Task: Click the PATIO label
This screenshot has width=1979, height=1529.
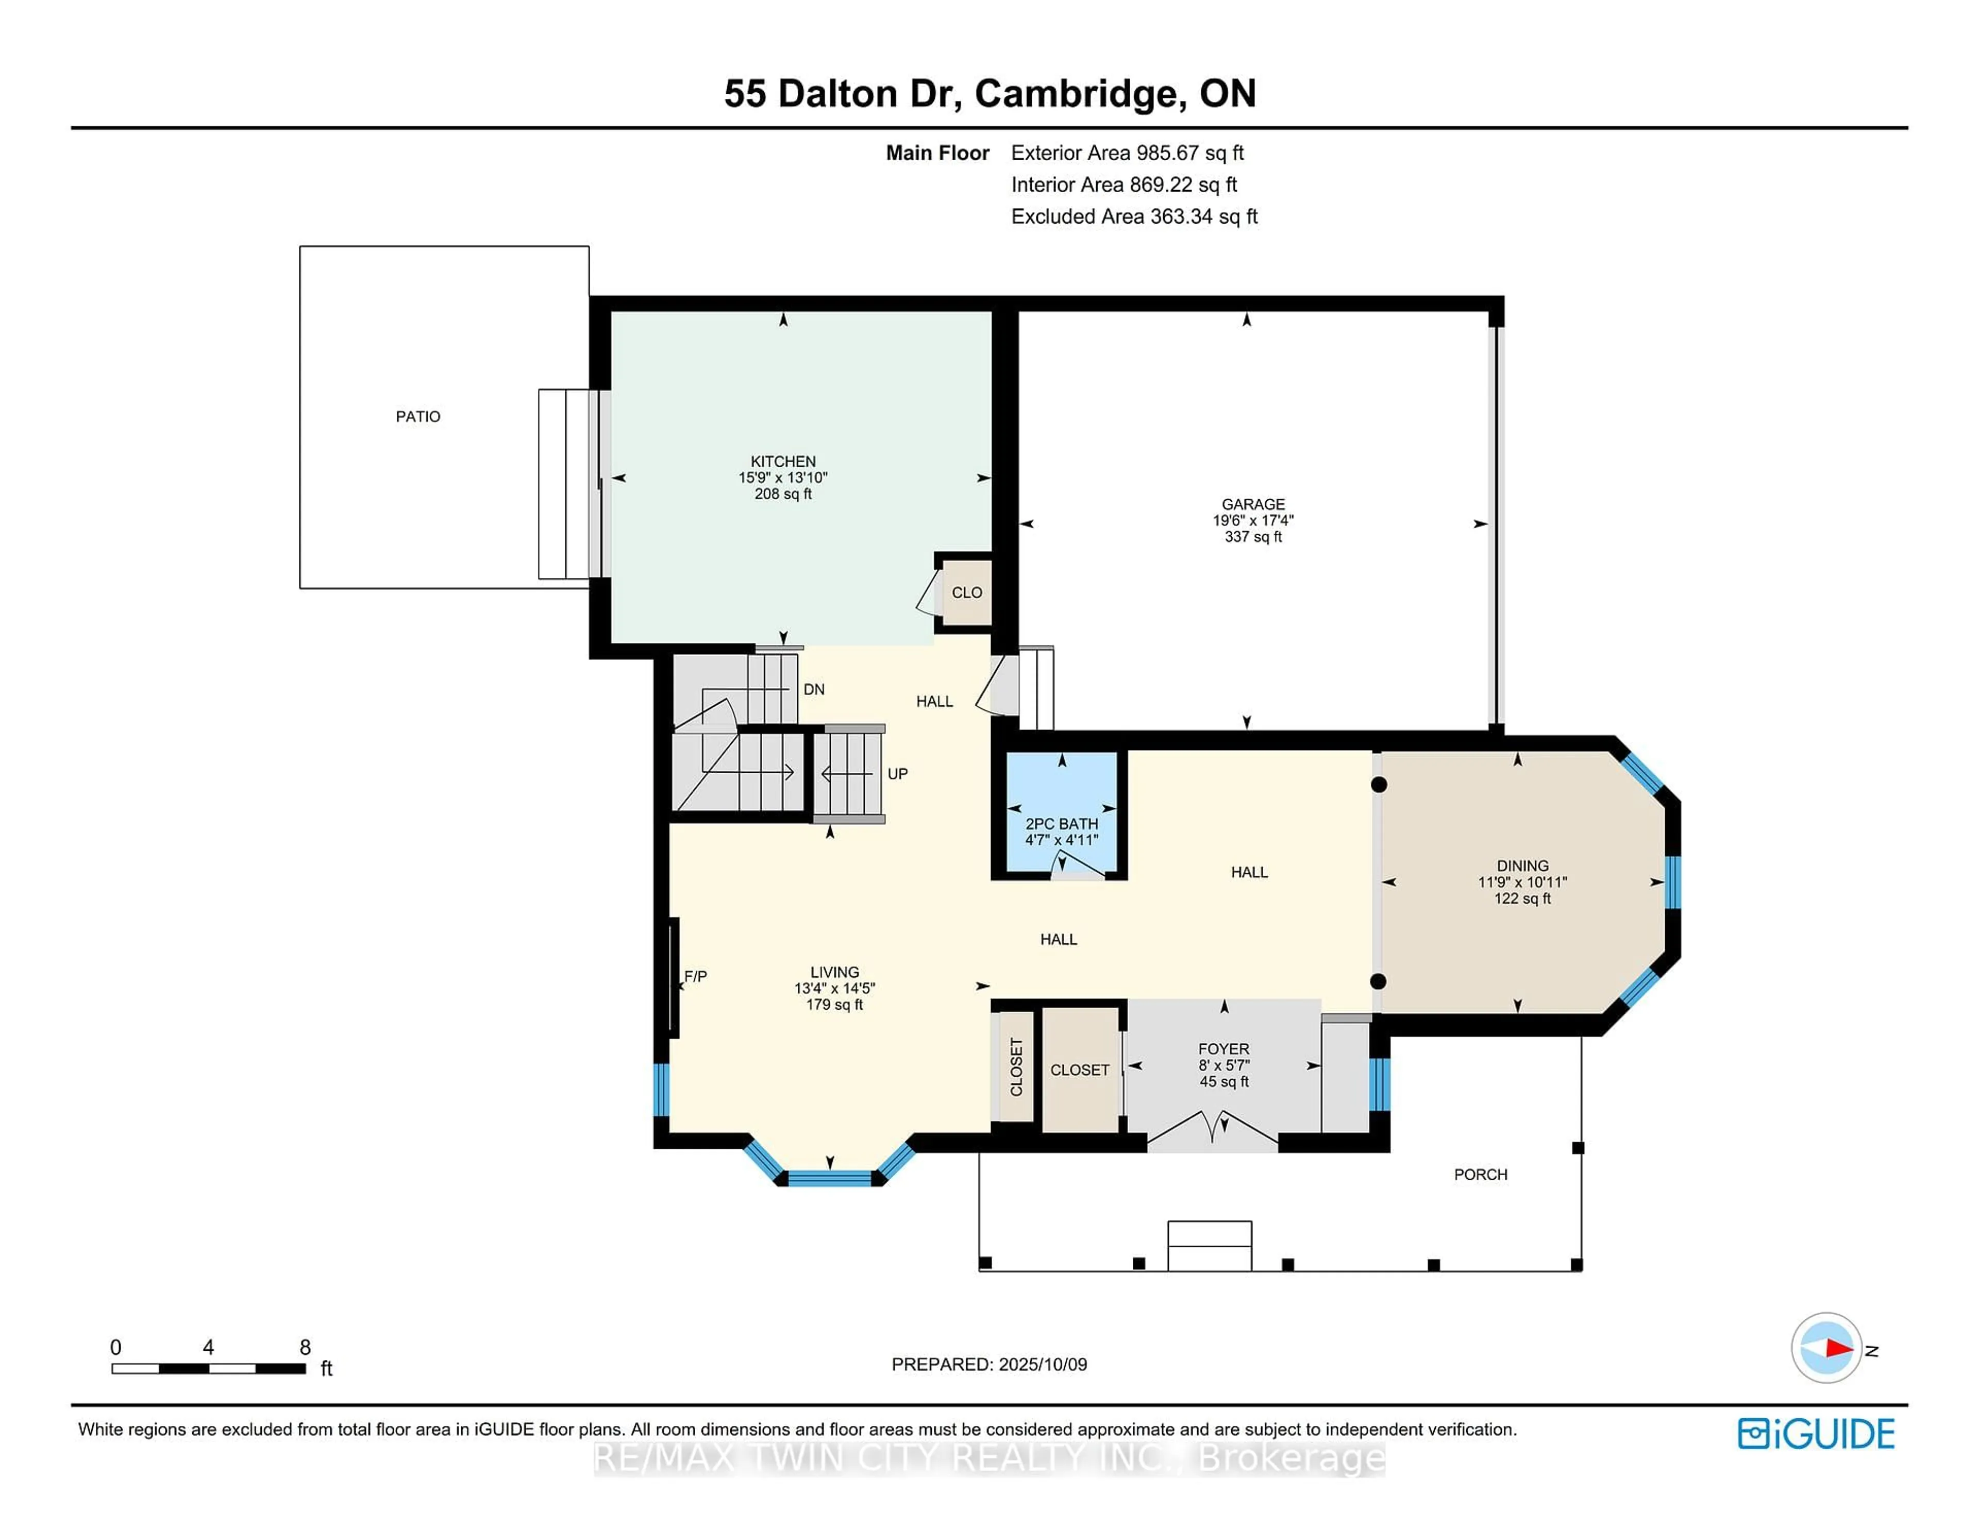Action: (418, 417)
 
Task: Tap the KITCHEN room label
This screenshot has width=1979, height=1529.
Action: (783, 461)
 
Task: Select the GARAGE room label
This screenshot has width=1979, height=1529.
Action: (1253, 504)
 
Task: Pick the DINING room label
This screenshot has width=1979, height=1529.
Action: (1522, 866)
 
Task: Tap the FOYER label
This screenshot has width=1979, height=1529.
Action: (1223, 1049)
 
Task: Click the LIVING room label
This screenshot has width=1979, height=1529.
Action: (834, 972)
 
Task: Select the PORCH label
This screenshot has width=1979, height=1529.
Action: (1481, 1175)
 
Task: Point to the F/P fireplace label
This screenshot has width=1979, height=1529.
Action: (695, 976)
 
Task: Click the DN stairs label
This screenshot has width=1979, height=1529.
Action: (814, 689)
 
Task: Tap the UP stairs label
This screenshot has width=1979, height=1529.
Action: (897, 774)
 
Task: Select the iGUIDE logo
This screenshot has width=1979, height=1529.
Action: (1816, 1434)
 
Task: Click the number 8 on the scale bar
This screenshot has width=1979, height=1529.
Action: (306, 1347)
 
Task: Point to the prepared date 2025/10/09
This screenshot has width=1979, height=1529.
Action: (1042, 1364)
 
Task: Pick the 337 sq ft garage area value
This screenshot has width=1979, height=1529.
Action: (1253, 537)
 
